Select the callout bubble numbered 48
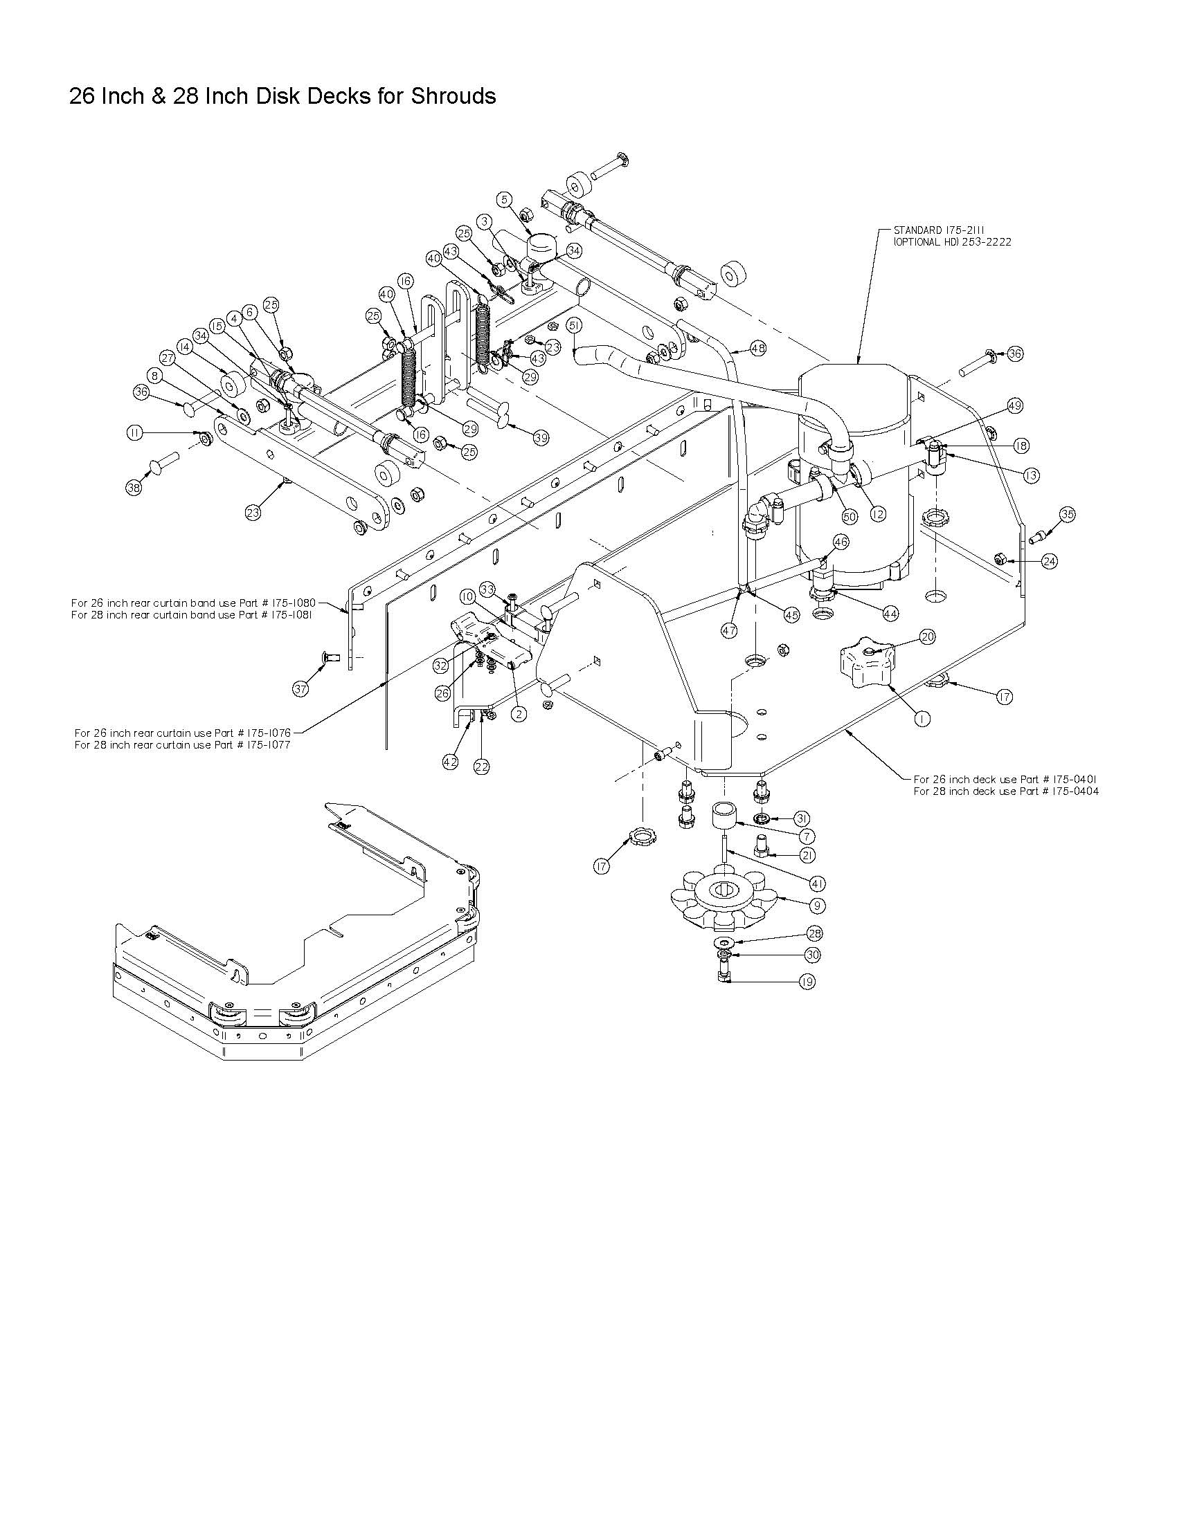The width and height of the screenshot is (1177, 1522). point(757,347)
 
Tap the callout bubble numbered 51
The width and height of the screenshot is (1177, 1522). point(574,325)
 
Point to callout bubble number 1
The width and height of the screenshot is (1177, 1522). point(922,718)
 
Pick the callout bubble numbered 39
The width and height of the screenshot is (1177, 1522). point(541,438)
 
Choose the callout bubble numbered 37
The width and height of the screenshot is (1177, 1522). point(300,689)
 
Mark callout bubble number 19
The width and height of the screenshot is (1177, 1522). point(807,981)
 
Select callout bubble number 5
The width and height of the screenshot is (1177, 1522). point(505,199)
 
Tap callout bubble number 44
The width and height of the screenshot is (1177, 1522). point(890,613)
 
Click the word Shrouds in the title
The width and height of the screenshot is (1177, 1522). point(454,95)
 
